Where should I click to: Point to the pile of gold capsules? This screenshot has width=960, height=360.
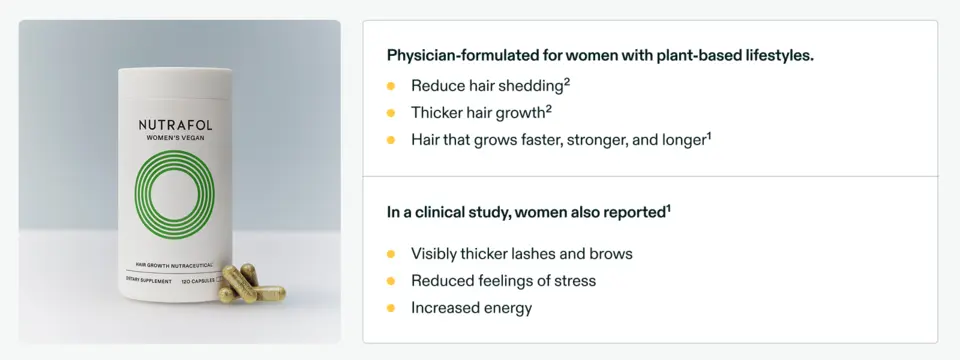point(251,284)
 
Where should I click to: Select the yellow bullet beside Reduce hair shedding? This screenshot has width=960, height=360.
point(392,86)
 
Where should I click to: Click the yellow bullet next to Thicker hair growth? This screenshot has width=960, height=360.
point(392,113)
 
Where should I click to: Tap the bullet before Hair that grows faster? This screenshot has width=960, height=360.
point(392,140)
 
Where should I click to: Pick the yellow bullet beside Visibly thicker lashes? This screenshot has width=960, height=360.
point(392,254)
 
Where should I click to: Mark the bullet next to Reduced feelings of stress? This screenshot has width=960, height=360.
point(392,281)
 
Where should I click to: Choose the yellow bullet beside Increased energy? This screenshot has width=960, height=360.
point(392,308)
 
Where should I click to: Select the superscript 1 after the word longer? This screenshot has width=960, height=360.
point(708,135)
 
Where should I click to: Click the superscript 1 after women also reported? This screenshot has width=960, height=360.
point(668,207)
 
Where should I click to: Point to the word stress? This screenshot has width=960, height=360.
point(573,281)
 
